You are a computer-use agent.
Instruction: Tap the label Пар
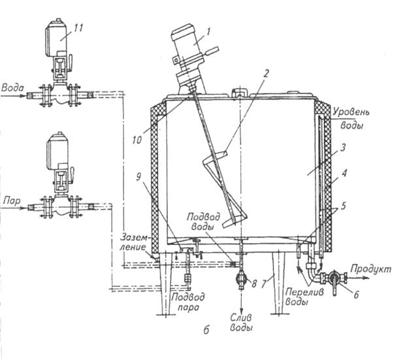(x=10, y=196)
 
